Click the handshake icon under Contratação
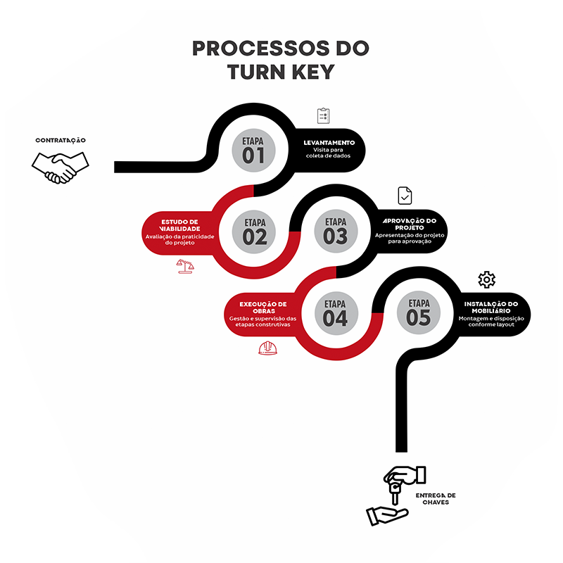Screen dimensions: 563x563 [60, 167]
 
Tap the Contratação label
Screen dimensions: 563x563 [61, 140]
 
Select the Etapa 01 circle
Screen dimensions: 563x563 [253, 148]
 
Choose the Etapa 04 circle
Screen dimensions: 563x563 [336, 312]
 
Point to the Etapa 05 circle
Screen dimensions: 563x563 [418, 312]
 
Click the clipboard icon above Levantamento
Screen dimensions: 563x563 [323, 115]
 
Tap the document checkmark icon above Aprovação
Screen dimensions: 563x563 [405, 195]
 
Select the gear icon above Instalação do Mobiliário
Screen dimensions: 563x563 [486, 279]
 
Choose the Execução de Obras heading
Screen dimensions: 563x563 [262, 307]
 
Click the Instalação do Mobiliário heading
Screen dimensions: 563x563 [491, 307]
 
